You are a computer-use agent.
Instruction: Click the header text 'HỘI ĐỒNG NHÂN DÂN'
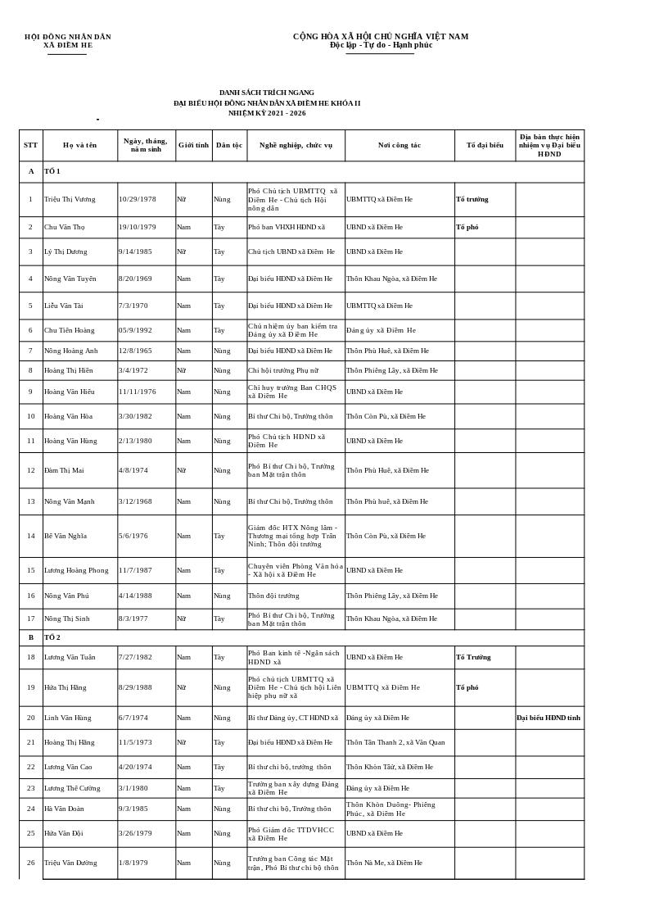tap(68, 37)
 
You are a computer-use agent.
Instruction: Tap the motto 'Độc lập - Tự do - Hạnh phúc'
tap(381, 45)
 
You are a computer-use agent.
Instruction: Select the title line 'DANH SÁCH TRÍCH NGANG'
tap(266, 93)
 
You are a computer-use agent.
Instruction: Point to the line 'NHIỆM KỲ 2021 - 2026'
tap(267, 113)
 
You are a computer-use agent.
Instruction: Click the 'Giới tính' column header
tap(194, 145)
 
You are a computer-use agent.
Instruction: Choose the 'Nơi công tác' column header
tap(399, 145)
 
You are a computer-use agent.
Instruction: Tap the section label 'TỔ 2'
tap(52, 637)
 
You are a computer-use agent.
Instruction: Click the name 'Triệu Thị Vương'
tap(70, 199)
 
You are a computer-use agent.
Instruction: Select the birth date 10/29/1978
tap(138, 199)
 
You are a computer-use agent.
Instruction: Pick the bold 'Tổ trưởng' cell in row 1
tap(472, 199)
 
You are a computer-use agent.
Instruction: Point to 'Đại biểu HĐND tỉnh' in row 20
tap(548, 718)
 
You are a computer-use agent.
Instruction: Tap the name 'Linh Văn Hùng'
tap(68, 718)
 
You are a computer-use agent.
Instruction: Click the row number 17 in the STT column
tap(31, 619)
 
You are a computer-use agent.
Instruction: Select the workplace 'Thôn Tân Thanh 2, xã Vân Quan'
tap(395, 742)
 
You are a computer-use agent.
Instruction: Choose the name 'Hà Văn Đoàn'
tap(65, 809)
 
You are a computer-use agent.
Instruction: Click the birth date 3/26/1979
tap(135, 833)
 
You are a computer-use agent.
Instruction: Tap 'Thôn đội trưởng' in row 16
tap(273, 596)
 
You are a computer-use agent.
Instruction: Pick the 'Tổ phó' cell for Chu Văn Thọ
tap(467, 227)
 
